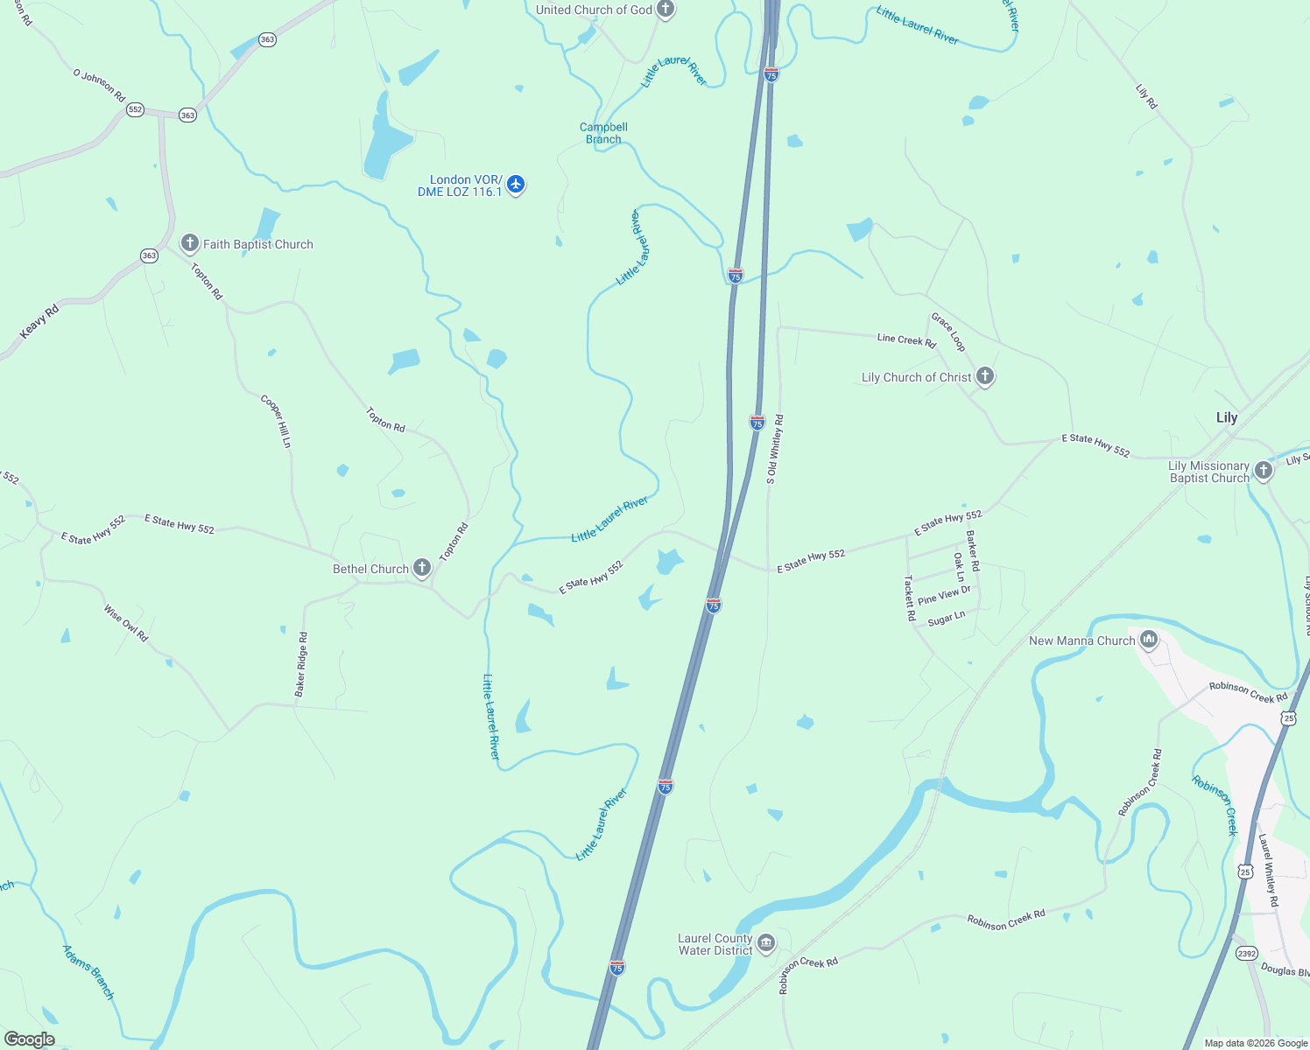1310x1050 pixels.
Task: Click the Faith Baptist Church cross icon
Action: pyautogui.click(x=190, y=243)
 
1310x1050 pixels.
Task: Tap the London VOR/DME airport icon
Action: pyautogui.click(x=516, y=185)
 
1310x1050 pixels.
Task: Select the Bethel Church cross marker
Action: pyautogui.click(x=422, y=568)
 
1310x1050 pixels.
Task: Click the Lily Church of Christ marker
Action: pyautogui.click(x=985, y=376)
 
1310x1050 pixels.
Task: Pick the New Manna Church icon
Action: pyautogui.click(x=1149, y=640)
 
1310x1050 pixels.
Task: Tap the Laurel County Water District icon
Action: pyautogui.click(x=766, y=942)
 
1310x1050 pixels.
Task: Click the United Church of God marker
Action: pyautogui.click(x=666, y=10)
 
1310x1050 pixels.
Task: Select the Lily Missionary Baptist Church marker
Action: pyautogui.click(x=1263, y=471)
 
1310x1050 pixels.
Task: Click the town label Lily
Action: pyautogui.click(x=1227, y=417)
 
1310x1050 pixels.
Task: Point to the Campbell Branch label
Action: pyautogui.click(x=603, y=133)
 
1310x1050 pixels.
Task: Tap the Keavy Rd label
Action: pyautogui.click(x=39, y=321)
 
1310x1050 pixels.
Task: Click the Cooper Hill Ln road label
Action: pyautogui.click(x=276, y=421)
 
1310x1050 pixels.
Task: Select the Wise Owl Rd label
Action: pyautogui.click(x=126, y=623)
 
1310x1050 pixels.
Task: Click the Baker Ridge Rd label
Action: pyautogui.click(x=301, y=664)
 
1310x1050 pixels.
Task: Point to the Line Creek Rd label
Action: pyautogui.click(x=906, y=339)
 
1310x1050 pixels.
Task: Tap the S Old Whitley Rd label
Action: pyautogui.click(x=775, y=449)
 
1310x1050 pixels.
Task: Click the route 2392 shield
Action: pyautogui.click(x=1246, y=953)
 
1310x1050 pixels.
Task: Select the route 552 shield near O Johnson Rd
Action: pyautogui.click(x=135, y=109)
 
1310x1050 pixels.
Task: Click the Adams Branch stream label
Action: pyautogui.click(x=88, y=971)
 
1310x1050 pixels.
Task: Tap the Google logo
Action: pyautogui.click(x=30, y=1039)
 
